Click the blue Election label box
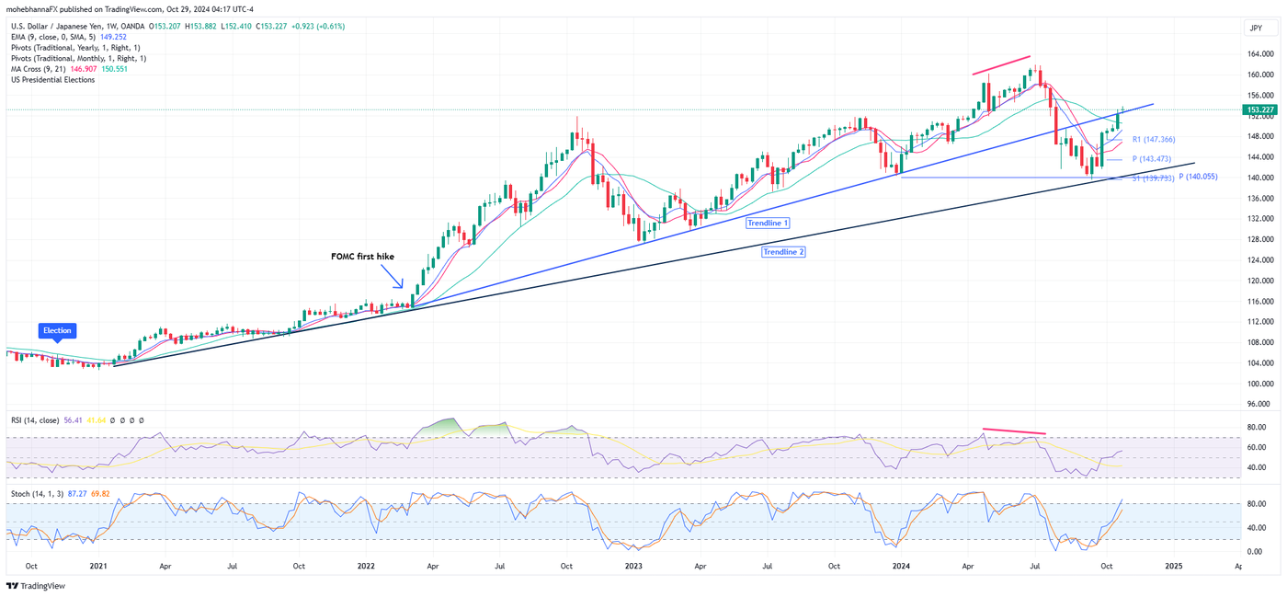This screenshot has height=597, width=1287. coord(57,330)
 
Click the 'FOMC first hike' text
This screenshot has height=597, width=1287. coord(362,257)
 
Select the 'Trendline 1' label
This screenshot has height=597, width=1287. coord(768,224)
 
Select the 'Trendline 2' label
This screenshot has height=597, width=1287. coord(783,251)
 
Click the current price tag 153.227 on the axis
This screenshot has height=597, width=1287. coord(1258,109)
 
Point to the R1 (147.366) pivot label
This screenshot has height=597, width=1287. coord(1154,140)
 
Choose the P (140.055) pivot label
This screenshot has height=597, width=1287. coord(1198,177)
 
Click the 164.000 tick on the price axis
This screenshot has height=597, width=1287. coord(1260,53)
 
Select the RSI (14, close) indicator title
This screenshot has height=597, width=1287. coord(37,420)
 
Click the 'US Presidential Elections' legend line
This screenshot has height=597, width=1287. coord(52,80)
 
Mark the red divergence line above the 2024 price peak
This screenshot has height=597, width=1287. coord(1002,64)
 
